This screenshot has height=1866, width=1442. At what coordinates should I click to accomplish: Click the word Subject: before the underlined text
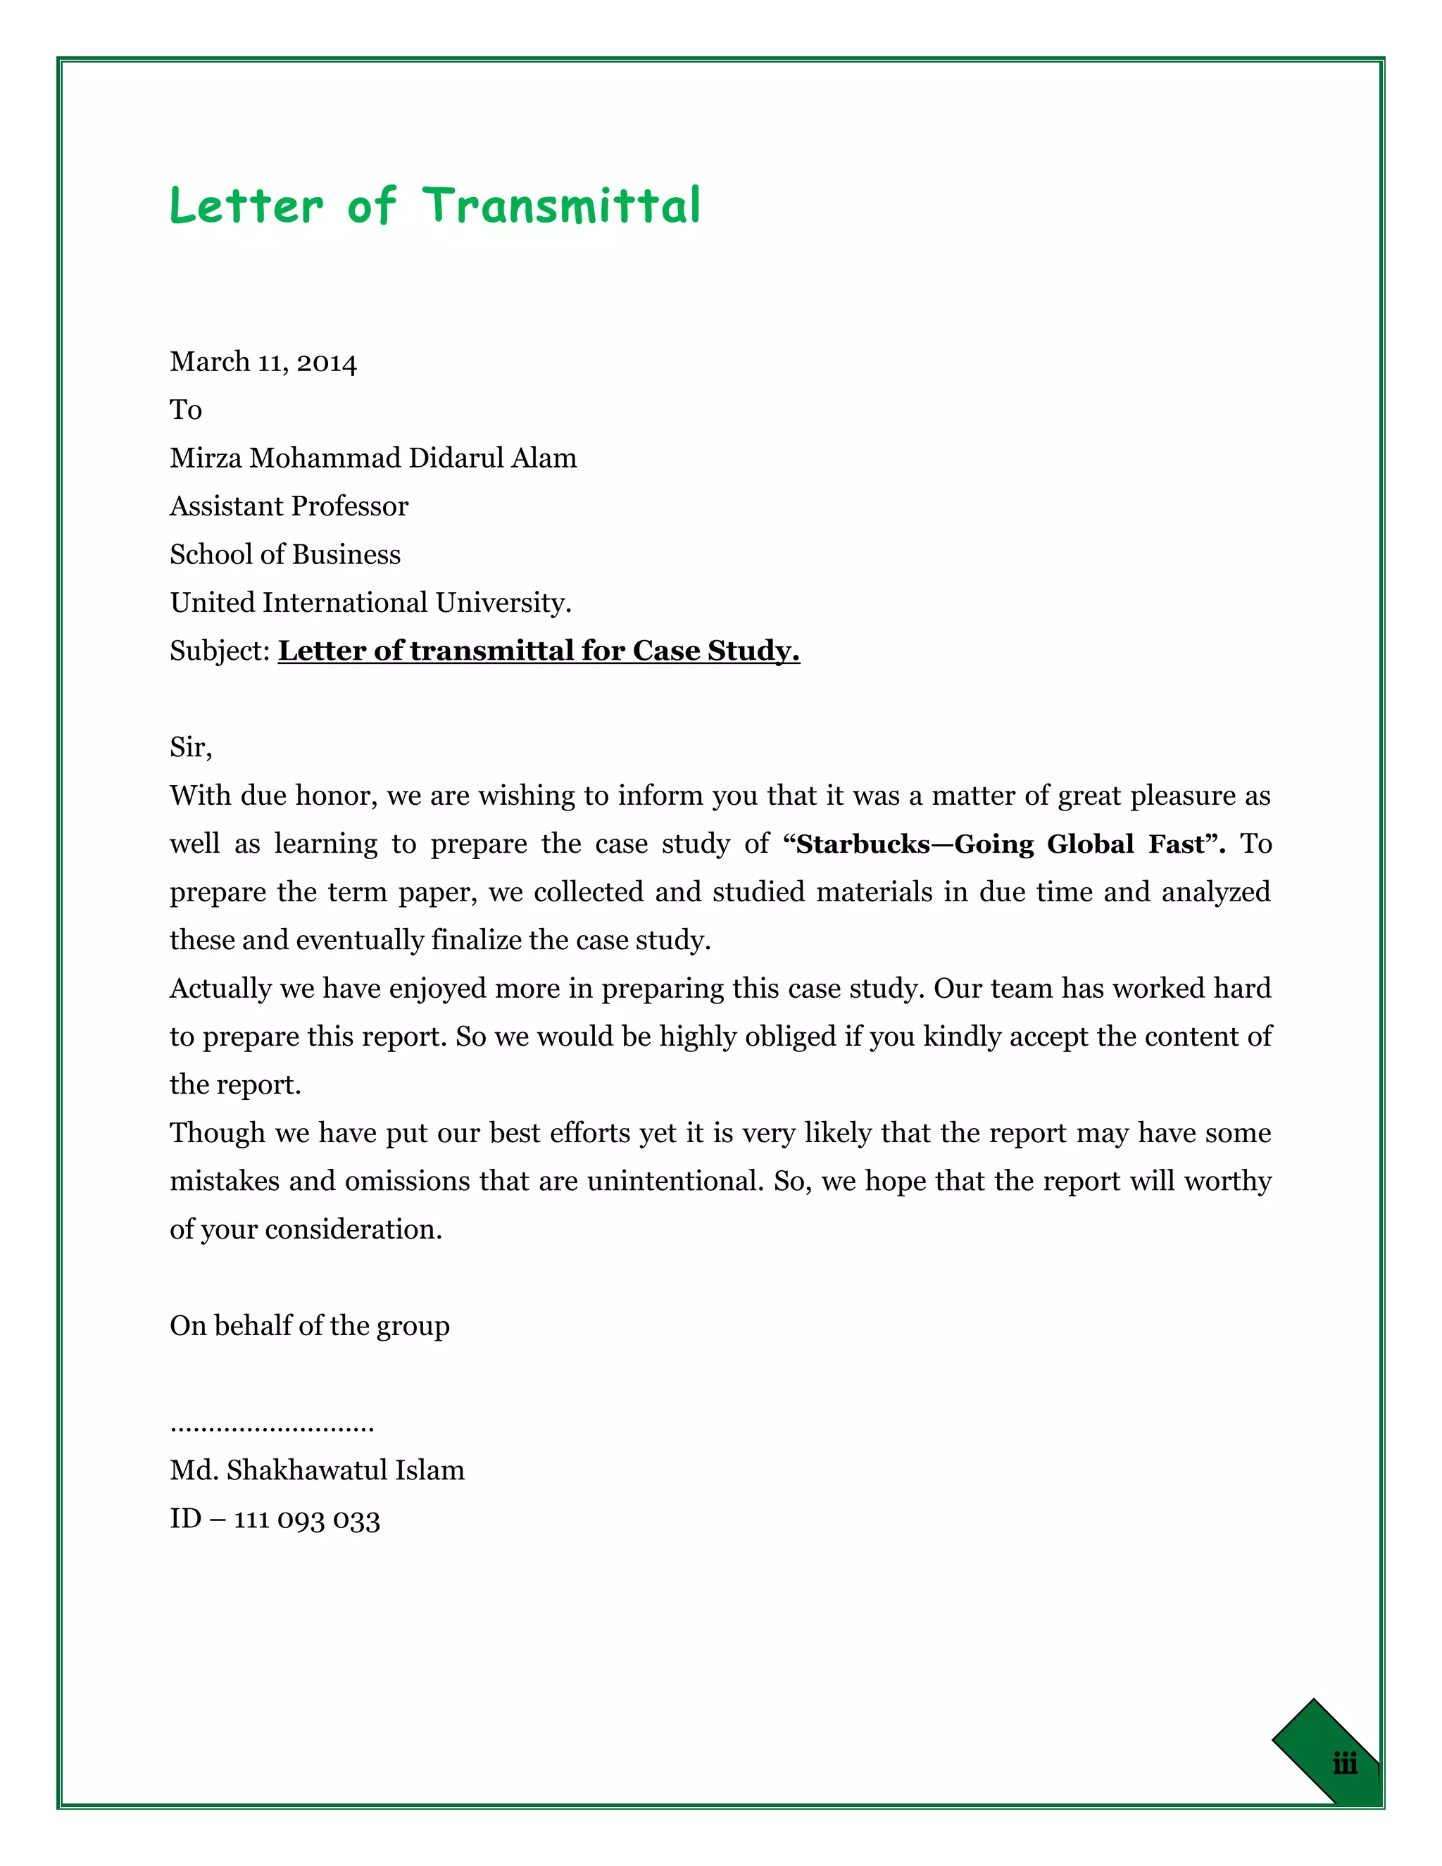(x=220, y=651)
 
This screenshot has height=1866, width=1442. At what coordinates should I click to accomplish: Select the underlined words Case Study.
(x=716, y=651)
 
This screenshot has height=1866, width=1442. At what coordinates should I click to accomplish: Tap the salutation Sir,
(x=191, y=748)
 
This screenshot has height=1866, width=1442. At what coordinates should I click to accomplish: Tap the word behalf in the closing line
(x=252, y=1326)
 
